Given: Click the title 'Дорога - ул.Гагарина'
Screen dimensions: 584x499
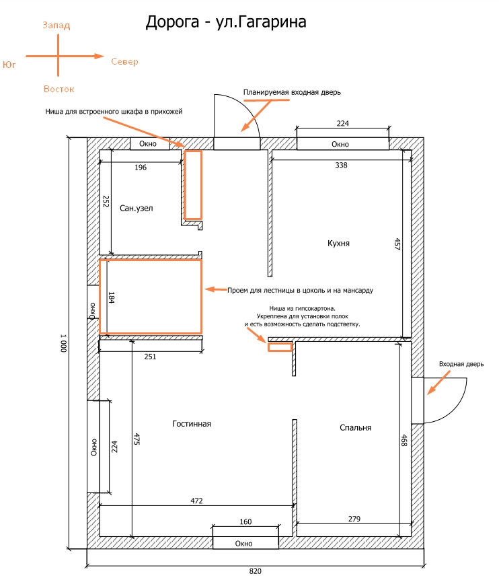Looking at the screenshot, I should click(x=226, y=23).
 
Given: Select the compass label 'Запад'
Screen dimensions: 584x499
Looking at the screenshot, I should click(x=56, y=26).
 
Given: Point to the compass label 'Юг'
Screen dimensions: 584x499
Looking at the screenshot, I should click(x=9, y=65).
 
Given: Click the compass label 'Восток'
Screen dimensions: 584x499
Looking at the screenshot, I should click(x=59, y=89).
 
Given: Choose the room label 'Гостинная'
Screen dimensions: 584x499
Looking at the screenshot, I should click(x=192, y=424).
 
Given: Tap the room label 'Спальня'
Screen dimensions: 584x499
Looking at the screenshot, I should click(x=355, y=427).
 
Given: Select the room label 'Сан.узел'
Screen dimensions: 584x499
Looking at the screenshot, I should click(x=137, y=209).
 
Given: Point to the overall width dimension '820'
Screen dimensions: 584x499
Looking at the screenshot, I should click(x=255, y=572).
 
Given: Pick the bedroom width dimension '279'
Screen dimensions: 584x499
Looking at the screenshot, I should click(x=354, y=519).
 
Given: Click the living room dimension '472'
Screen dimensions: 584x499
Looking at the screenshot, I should click(x=196, y=501).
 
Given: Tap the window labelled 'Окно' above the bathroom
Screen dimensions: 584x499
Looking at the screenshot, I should click(x=148, y=144).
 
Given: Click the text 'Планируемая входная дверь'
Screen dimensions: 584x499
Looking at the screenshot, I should click(x=292, y=92).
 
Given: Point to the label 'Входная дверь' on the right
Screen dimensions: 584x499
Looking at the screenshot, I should click(x=461, y=364).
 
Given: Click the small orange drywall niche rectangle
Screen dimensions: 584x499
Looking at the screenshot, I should click(x=280, y=348).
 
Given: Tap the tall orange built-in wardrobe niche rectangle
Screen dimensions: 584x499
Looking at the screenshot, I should click(x=193, y=184).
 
